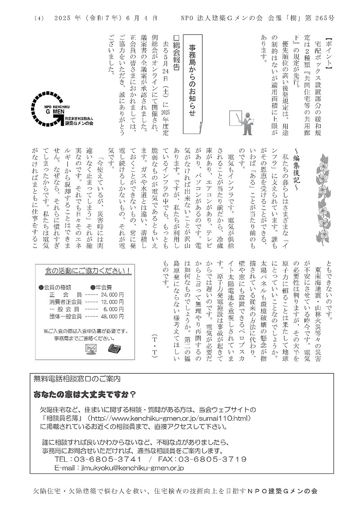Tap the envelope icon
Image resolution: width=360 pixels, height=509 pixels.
pos(91,348)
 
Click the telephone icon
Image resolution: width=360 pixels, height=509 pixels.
pos(113,348)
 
